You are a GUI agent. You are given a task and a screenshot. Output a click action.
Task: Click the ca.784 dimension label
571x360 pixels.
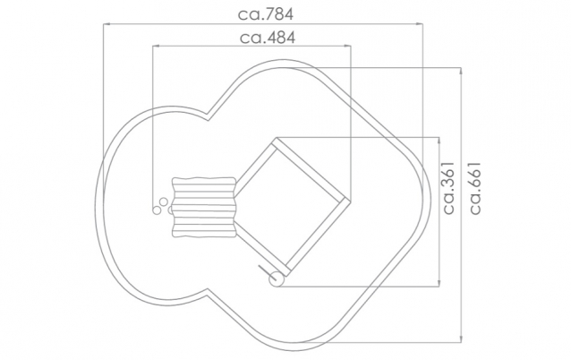click(x=266, y=14)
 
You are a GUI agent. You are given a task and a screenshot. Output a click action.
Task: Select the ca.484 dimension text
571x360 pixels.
click(x=268, y=38)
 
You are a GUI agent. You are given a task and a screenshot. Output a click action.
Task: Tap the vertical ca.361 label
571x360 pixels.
click(x=449, y=188)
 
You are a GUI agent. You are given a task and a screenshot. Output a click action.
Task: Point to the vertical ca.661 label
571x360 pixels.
click(x=475, y=188)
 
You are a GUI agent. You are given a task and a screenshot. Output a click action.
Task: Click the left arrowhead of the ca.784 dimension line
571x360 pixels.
click(x=107, y=24)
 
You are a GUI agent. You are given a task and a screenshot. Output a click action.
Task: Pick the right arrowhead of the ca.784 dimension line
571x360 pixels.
click(x=420, y=24)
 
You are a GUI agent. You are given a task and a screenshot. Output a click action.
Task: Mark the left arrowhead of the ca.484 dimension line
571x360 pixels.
click(x=156, y=46)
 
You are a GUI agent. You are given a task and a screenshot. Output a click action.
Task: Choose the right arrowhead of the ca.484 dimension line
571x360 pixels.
click(x=348, y=46)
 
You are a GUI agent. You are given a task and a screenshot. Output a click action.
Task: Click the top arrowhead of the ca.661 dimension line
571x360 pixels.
click(x=462, y=71)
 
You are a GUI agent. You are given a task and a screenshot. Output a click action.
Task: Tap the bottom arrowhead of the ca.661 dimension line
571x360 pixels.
click(x=462, y=339)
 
